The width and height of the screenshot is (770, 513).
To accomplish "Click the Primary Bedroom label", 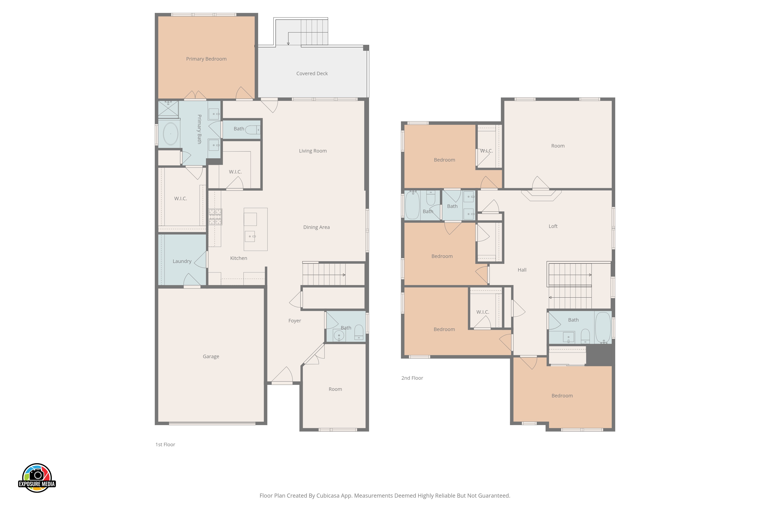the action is click(x=206, y=59).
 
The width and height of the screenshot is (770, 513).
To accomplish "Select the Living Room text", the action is click(x=313, y=151).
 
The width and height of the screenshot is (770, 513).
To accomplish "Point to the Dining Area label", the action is click(x=316, y=227).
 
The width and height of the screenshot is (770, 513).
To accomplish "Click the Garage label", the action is click(x=211, y=356).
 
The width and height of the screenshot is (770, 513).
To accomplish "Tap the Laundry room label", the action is click(x=182, y=261).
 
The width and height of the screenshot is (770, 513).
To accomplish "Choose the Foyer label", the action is click(x=295, y=321).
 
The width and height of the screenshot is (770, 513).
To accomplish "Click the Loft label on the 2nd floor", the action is click(x=553, y=226).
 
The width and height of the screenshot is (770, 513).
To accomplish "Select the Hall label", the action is click(x=522, y=270).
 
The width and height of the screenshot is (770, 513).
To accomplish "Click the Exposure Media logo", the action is click(x=37, y=478).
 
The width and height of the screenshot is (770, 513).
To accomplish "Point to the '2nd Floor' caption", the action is click(x=412, y=378).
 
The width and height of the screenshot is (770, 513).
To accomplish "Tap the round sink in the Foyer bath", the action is click(x=339, y=335).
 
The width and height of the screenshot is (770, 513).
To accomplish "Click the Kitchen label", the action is click(x=239, y=258).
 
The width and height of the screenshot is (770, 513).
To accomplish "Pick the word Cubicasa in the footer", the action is click(x=328, y=496).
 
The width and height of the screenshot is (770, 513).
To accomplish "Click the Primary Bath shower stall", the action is click(x=168, y=109).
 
